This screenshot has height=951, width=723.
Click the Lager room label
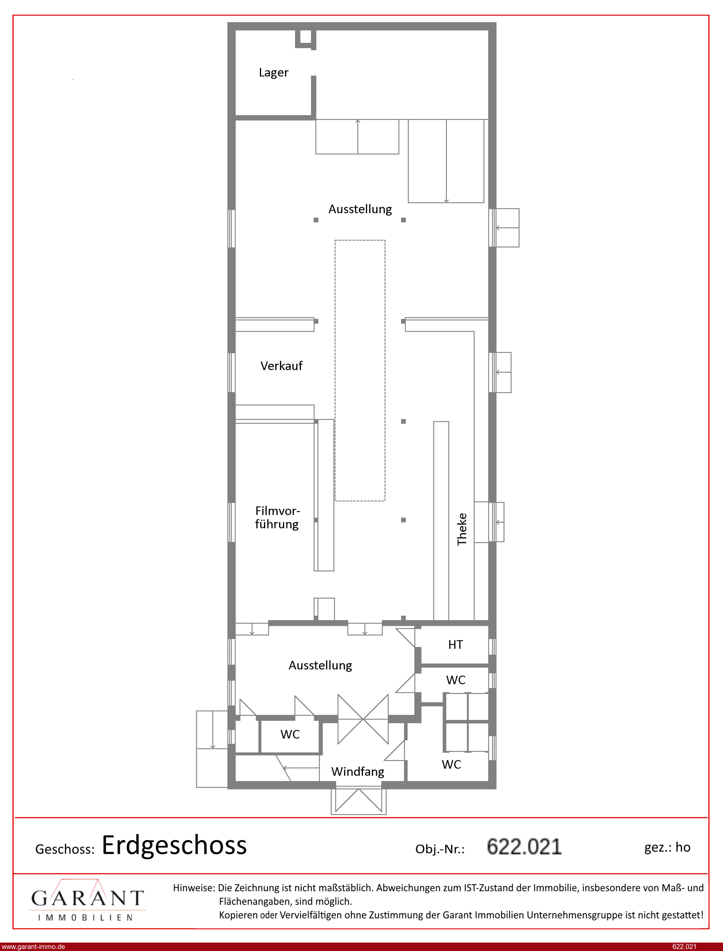273,73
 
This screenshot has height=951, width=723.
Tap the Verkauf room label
282,366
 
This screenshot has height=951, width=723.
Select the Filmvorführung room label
277,517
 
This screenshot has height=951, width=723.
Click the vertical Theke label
462,530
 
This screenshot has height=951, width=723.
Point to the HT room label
455,644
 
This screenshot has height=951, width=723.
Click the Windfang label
358,772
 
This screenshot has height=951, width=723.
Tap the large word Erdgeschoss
174,846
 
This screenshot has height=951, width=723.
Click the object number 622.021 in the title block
524,847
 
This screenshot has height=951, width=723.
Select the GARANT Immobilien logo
87,900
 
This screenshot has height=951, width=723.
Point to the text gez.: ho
667,847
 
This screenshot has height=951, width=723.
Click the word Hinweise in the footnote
194,888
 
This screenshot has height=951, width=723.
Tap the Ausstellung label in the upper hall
360,209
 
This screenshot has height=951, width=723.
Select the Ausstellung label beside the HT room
320,666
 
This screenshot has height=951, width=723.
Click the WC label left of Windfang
290,735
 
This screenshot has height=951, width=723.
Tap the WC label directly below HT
456,680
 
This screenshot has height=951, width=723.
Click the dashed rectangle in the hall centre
335,370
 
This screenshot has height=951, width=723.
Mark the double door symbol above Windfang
363,719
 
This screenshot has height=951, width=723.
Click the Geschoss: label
65,849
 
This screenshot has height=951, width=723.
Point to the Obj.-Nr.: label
440,849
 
